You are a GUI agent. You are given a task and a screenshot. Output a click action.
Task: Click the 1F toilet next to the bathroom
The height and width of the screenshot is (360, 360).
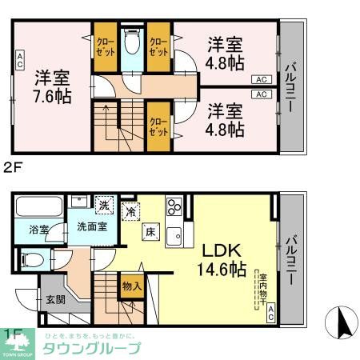(x=32, y=259)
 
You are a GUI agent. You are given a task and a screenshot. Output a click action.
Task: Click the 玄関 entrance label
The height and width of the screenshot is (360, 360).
(x=56, y=300)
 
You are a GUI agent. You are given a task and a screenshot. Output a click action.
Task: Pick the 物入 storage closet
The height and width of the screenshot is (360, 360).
(x=133, y=286)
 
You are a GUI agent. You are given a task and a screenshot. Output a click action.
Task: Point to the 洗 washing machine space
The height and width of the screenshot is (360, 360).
(x=104, y=205)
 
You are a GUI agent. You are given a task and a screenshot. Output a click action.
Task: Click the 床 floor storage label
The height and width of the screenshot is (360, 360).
(x=150, y=233)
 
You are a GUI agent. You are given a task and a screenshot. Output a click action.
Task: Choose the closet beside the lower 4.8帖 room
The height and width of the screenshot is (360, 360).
(x=158, y=128)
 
